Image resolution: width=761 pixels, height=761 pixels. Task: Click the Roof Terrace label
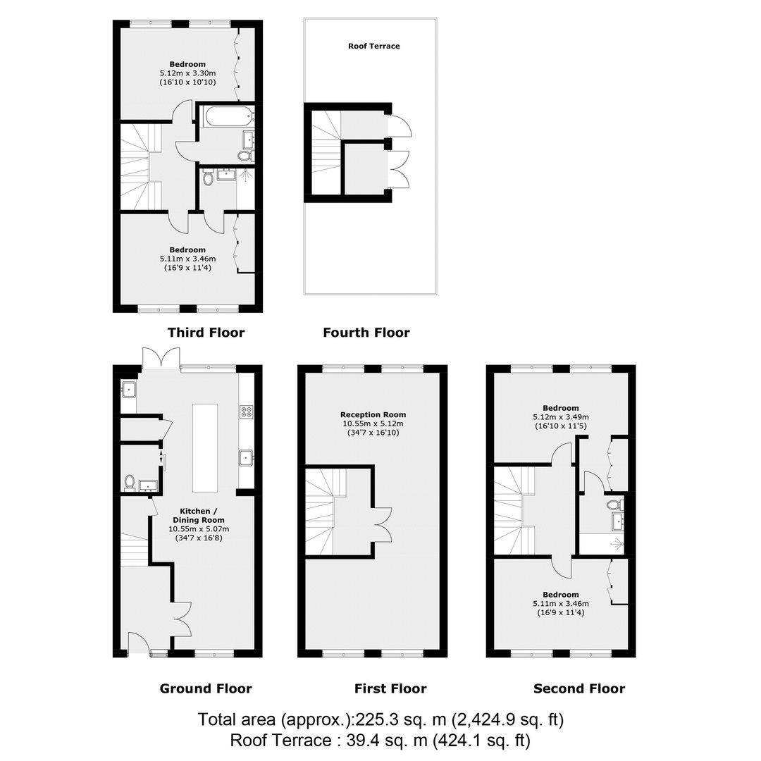pyautogui.click(x=373, y=46)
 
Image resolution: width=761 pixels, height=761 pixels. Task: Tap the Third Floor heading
pyautogui.click(x=206, y=333)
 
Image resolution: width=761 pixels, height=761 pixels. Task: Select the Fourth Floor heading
pyautogui.click(x=366, y=333)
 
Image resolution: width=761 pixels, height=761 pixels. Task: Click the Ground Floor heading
pyautogui.click(x=206, y=688)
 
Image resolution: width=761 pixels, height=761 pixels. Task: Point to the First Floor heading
pyautogui.click(x=390, y=688)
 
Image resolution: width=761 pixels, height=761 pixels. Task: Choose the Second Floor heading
pyautogui.click(x=579, y=688)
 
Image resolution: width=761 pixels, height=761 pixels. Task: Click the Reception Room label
pyautogui.click(x=373, y=414)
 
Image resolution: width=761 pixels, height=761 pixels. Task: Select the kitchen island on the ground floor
pyautogui.click(x=205, y=448)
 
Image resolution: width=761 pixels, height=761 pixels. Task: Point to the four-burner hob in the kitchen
pyautogui.click(x=246, y=412)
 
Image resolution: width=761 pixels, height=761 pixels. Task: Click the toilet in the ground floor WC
pyautogui.click(x=130, y=483)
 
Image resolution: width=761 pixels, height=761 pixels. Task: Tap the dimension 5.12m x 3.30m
pyautogui.click(x=188, y=73)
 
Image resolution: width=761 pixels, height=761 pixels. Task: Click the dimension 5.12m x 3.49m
pyautogui.click(x=561, y=417)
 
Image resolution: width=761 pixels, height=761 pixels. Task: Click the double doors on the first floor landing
pyautogui.click(x=382, y=524)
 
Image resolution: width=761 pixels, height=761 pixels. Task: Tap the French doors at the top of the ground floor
pyautogui.click(x=161, y=358)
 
